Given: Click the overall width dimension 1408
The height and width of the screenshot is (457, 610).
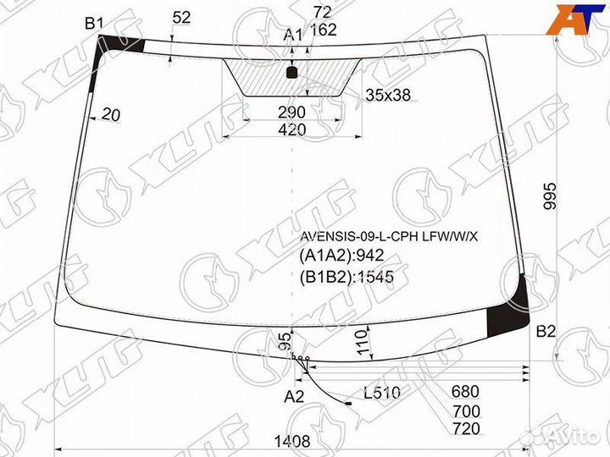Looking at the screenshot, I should [291, 441].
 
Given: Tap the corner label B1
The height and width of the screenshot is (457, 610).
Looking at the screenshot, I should [93, 24].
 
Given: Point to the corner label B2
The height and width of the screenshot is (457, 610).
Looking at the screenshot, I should [546, 331].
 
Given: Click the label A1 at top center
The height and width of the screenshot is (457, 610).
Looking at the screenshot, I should [292, 35].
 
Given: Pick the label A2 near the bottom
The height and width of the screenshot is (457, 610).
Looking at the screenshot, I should [293, 396].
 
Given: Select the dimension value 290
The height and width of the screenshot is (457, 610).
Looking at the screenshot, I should [291, 113].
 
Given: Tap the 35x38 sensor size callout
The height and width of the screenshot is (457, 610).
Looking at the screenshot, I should [387, 95].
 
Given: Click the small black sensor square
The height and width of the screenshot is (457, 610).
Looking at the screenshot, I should [292, 73].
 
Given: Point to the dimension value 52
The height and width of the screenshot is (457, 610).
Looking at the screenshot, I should [180, 17].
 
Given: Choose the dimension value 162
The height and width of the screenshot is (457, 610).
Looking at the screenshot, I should [323, 30].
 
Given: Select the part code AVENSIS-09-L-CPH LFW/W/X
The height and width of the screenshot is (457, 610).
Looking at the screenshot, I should [387, 236].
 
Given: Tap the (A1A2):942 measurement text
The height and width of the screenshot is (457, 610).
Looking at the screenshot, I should [341, 256].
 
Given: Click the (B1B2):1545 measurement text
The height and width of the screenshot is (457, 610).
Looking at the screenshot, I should [347, 275].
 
